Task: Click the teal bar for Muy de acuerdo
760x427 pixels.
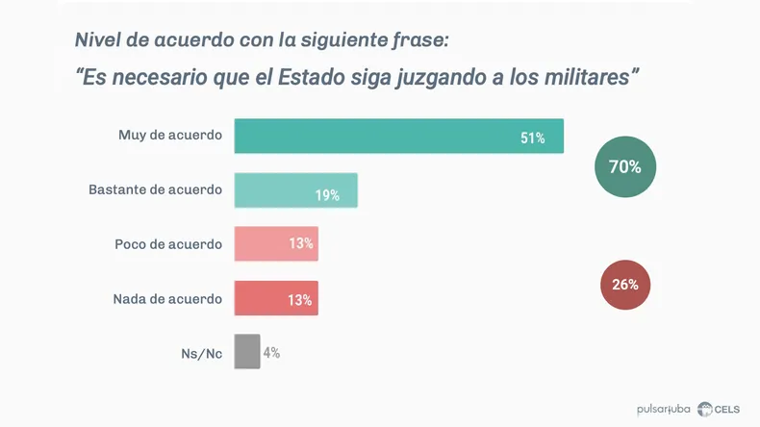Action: point(398,136)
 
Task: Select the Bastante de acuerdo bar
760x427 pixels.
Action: point(295,190)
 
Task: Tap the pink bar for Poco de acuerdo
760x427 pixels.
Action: point(276,244)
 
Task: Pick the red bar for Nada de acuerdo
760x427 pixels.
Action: point(276,298)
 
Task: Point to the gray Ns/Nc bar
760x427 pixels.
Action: point(247,351)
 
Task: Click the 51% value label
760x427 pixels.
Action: point(533,138)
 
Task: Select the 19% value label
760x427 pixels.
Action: point(327,195)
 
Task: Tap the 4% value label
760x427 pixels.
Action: point(271,353)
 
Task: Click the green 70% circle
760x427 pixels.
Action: point(624,166)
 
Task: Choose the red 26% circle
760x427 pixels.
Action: point(624,285)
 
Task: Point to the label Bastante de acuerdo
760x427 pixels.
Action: point(155,189)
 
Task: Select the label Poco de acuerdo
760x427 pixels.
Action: point(168,244)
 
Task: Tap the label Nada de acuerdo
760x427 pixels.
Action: point(167,298)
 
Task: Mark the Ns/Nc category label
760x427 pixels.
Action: point(202,353)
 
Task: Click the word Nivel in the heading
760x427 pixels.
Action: point(98,40)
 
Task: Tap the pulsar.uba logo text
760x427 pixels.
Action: point(664,410)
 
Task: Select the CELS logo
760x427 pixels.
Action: point(719,410)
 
